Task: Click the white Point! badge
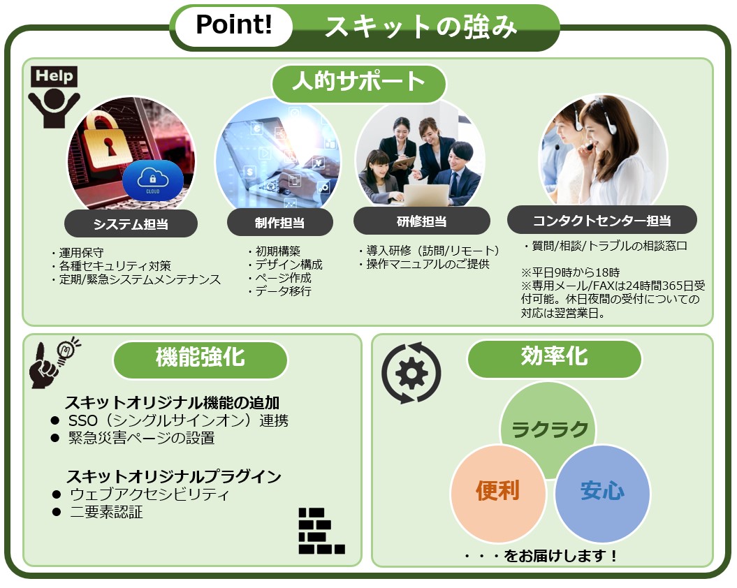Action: [233, 25]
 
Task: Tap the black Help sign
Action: [54, 76]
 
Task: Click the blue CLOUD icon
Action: [153, 181]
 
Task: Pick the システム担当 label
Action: [131, 223]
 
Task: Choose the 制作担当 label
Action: [279, 223]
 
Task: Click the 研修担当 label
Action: [422, 221]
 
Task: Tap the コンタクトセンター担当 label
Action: [601, 220]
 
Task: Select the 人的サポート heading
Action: [358, 82]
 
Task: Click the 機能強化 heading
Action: [200, 358]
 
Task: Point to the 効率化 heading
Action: [554, 358]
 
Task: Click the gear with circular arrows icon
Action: [411, 373]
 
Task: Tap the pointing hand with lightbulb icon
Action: [52, 362]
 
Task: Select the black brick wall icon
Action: [321, 531]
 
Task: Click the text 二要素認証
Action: [106, 512]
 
